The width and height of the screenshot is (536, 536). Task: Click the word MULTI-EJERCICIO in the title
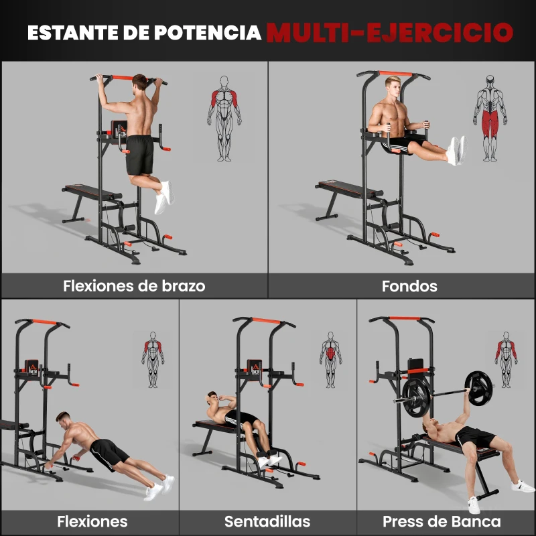pyautogui.click(x=389, y=31)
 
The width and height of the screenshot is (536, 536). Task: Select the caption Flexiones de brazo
pyautogui.click(x=134, y=286)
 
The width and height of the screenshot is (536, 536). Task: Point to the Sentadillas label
pyautogui.click(x=267, y=521)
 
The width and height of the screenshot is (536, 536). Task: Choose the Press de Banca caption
pyautogui.click(x=442, y=521)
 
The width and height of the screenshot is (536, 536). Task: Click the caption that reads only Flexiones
pyautogui.click(x=92, y=521)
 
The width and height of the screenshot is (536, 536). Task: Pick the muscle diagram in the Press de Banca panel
pyautogui.click(x=507, y=359)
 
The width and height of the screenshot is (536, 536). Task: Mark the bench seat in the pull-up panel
pyautogui.click(x=90, y=193)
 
